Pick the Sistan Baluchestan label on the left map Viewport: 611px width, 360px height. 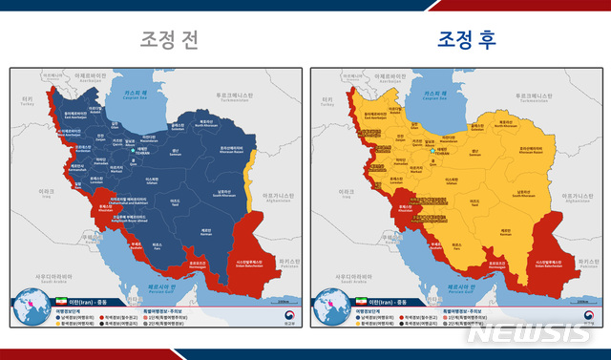244,260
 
